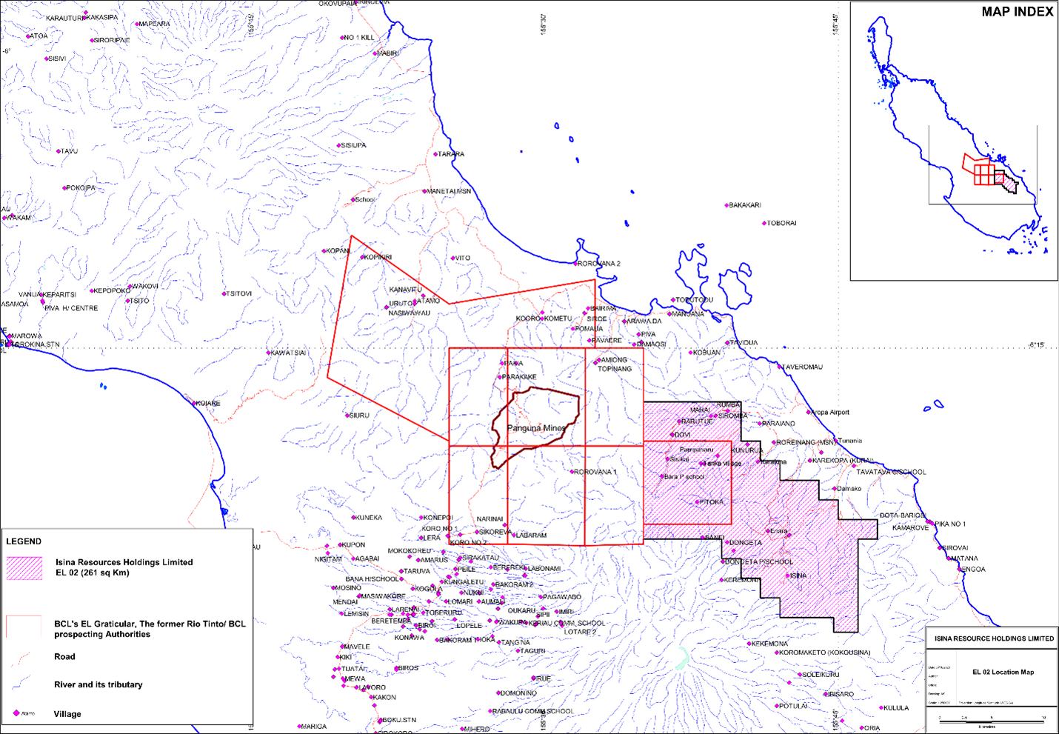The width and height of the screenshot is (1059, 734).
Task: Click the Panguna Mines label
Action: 536,428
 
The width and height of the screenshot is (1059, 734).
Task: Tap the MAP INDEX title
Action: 1017,12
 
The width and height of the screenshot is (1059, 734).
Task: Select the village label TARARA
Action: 450,154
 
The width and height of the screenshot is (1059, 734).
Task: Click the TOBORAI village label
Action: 781,223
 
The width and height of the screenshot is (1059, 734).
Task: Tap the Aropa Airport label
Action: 830,413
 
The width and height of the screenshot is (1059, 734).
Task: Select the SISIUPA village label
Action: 353,145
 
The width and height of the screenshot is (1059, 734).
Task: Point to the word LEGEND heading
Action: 24,541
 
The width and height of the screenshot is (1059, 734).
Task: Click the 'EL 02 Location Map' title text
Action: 1003,672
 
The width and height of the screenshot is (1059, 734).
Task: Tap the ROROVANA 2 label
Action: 598,264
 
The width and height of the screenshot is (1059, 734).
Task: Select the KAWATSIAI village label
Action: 288,353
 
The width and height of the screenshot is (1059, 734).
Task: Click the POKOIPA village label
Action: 81,188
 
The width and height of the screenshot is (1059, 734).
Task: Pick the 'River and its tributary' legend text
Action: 98,684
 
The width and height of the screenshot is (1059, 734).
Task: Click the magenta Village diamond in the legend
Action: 16,713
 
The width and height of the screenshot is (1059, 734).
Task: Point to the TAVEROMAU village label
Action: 803,367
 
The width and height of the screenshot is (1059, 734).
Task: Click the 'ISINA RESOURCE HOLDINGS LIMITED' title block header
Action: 994,638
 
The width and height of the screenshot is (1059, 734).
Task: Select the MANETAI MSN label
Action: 449,191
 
